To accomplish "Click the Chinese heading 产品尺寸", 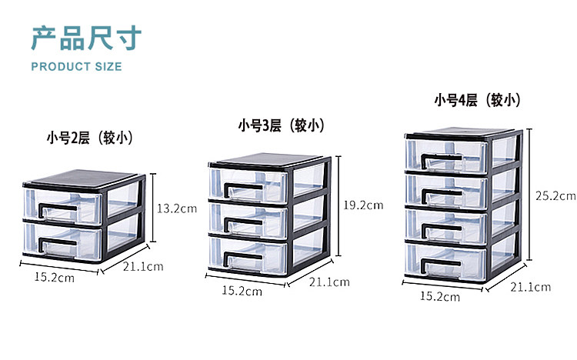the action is pos(86,37).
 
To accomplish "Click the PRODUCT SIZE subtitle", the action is pos(76,66).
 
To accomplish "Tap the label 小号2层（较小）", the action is pos(90,138).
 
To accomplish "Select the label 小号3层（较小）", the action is pos(280,125).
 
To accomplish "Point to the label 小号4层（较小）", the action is pos(477,100).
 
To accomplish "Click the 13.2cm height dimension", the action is pos(174,208).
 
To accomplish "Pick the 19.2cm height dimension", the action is pos(364,205).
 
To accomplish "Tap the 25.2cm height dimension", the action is pos(556,195).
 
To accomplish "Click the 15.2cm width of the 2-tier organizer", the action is pos(54,277).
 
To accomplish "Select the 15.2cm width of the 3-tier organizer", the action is pos(242,291).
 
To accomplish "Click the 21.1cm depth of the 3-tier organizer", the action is pos(329,282).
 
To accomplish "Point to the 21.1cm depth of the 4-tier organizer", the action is pos(532,287).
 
